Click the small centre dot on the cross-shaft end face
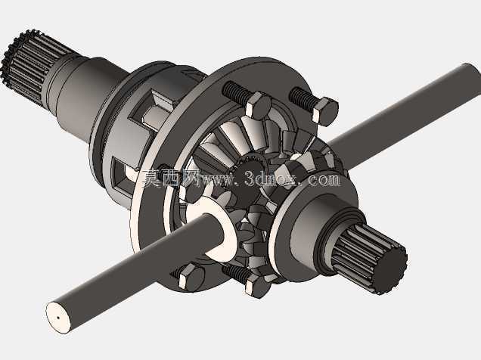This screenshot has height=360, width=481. click(x=58, y=318)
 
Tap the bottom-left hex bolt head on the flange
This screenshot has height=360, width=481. click(x=191, y=277)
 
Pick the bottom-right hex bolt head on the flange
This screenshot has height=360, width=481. click(x=258, y=286)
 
